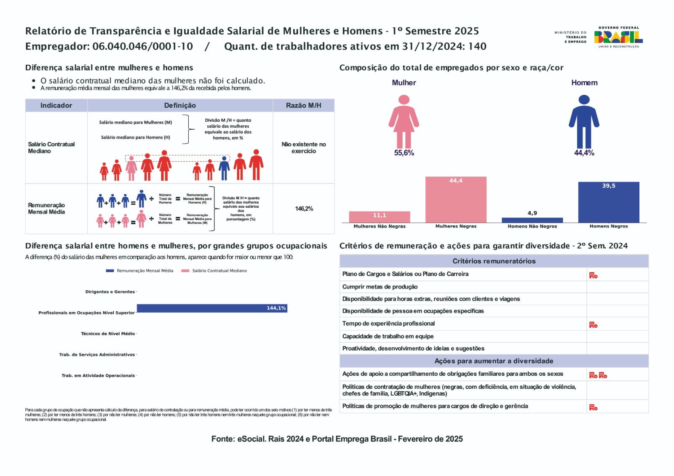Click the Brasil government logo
click(618, 37)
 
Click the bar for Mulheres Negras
click(456, 200)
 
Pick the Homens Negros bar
click(608, 202)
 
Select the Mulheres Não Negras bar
click(379, 217)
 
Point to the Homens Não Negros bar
click(532, 220)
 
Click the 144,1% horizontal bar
click(212, 308)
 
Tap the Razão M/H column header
click(303, 105)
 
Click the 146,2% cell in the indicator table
click(304, 209)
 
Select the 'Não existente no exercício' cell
click(304, 147)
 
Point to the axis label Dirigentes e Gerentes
click(110, 291)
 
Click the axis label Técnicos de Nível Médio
click(108, 334)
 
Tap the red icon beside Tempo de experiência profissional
click(593, 325)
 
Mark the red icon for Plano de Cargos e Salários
click(593, 275)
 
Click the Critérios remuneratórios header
click(494, 261)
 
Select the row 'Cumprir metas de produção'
click(380, 287)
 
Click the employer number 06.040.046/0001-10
click(142, 46)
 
